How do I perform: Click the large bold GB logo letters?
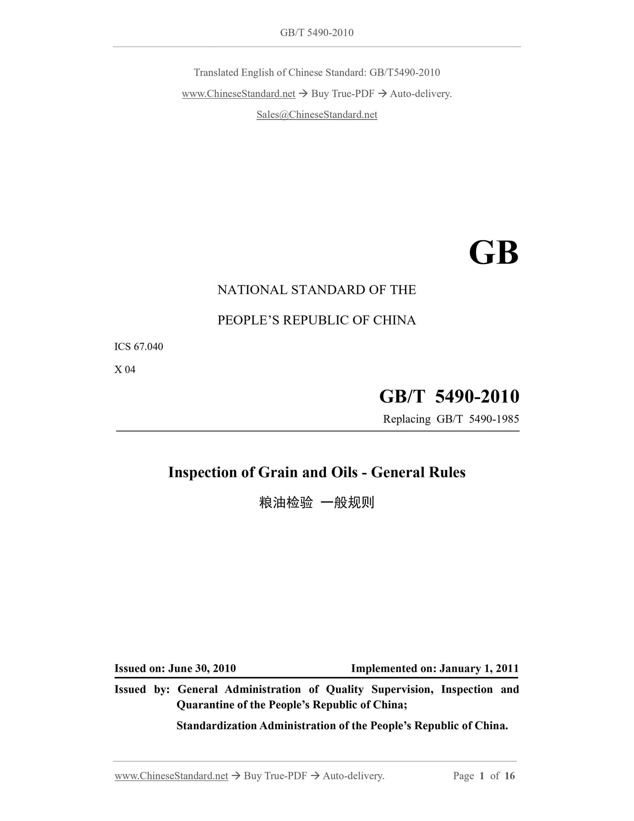(493, 253)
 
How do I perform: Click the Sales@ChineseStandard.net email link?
(317, 115)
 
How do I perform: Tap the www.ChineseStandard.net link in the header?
(238, 94)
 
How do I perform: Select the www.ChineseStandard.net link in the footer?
(171, 776)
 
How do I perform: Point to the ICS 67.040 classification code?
(139, 346)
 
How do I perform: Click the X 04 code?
(125, 369)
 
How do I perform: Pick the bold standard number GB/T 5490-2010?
(449, 396)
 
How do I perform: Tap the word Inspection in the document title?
(203, 472)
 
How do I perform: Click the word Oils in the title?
(342, 472)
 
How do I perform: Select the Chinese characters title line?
(317, 502)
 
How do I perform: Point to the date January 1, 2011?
(479, 668)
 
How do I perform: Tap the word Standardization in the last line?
(216, 726)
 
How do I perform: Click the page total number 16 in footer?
(509, 776)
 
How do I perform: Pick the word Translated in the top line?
(216, 72)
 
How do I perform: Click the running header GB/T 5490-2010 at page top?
(317, 32)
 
